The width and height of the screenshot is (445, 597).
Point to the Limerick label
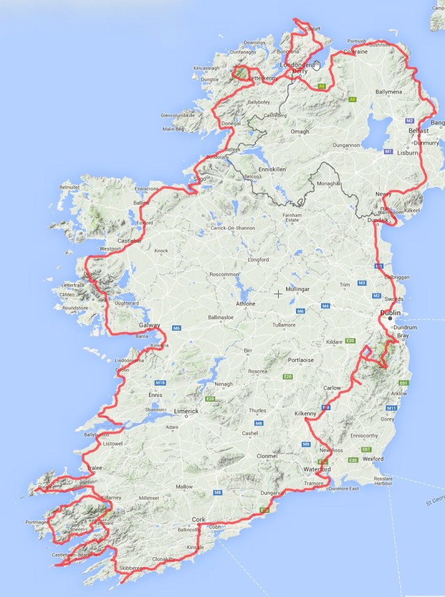point(186,411)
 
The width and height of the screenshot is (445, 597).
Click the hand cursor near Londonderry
point(317,65)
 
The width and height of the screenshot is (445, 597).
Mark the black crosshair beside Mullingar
point(278,293)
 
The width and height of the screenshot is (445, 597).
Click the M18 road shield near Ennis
point(160,383)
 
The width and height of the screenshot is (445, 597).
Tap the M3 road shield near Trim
point(362,283)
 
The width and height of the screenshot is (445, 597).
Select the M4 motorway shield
point(325,305)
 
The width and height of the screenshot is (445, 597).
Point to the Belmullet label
point(69,188)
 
